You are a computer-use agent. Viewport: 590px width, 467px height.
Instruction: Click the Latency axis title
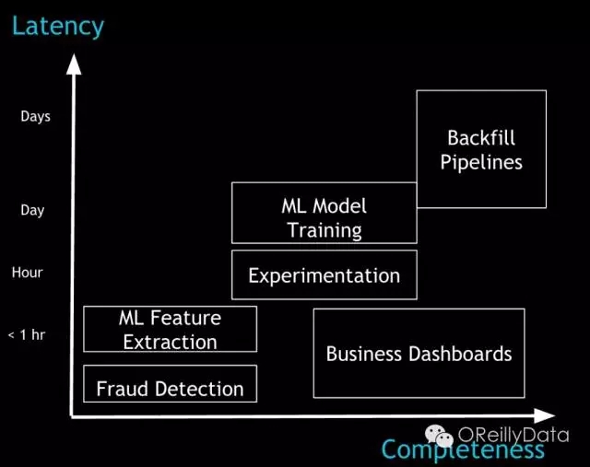[57, 25]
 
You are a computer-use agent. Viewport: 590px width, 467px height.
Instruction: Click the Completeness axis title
[462, 449]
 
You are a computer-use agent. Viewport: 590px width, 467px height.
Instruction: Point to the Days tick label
[35, 117]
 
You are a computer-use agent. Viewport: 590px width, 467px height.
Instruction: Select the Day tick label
[32, 210]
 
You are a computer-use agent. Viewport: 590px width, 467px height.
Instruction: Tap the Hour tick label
[28, 273]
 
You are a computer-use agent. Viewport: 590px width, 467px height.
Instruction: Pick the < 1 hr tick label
[26, 334]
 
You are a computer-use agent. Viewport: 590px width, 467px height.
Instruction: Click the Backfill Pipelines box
[480, 148]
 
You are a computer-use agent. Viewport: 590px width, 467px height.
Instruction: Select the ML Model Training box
[324, 213]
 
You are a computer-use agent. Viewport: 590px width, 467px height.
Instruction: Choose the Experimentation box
[324, 274]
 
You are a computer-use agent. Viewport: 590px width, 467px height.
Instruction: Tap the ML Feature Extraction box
[170, 329]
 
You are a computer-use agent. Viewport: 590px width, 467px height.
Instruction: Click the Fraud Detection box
[170, 383]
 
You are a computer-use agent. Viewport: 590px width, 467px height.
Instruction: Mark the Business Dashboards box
[419, 353]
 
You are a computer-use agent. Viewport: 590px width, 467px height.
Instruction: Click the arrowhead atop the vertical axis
[74, 64]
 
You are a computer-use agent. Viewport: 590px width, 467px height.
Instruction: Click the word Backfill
[480, 138]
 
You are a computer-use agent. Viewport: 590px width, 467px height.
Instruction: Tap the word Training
[324, 229]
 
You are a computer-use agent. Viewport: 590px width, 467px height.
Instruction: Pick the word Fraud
[121, 389]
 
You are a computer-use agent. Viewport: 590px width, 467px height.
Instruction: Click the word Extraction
[170, 342]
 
